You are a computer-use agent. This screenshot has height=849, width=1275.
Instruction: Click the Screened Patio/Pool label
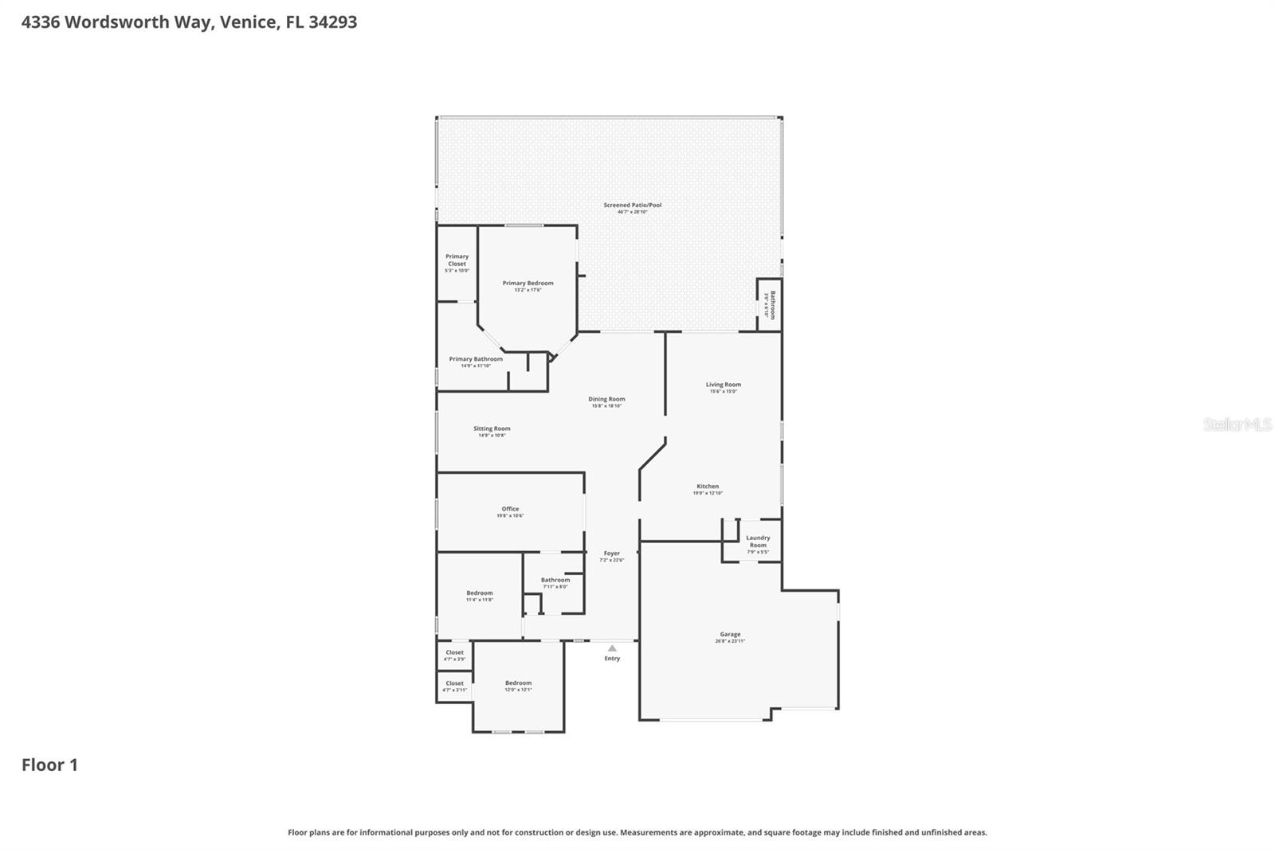pos(632,205)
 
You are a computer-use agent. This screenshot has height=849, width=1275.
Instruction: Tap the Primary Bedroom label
pos(528,284)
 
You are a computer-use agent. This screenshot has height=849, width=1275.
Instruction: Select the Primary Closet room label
pos(457,260)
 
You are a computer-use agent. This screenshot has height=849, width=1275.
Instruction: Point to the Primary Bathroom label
pos(476,359)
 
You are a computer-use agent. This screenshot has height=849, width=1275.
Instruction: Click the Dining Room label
pos(606,400)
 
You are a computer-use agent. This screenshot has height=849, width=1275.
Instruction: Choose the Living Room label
pos(723,385)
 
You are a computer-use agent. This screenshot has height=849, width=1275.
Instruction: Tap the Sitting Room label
pos(492,429)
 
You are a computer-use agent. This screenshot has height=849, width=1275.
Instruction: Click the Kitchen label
pos(708,487)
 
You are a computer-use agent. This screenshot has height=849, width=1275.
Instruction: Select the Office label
pos(510,509)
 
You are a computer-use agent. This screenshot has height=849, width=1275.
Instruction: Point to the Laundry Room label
pos(758,542)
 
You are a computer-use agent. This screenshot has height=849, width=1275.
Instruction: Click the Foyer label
pos(611,554)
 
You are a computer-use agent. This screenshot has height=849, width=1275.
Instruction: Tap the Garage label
pos(730,635)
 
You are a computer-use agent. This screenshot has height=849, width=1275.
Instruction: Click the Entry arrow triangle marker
pos(612,648)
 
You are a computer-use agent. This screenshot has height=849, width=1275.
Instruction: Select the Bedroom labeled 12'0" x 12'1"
pos(518,683)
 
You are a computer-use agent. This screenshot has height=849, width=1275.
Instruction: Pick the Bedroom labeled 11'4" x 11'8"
pos(480,593)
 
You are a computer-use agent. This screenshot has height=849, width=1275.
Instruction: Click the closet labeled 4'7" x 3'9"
pos(454,653)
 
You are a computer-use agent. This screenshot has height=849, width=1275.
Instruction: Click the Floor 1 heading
pos(49,765)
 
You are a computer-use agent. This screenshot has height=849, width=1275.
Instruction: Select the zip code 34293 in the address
pos(332,22)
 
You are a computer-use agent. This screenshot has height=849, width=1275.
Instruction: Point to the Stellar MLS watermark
pos(1237,424)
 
